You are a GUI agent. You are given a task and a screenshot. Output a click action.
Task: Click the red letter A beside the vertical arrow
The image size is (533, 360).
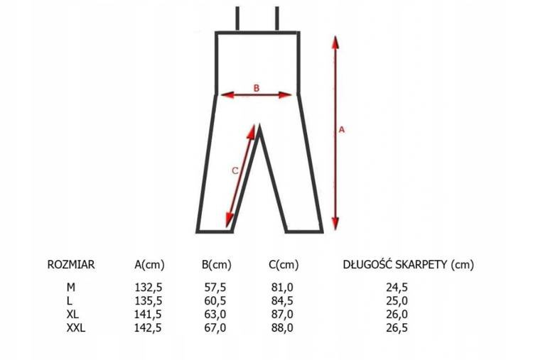[342, 130]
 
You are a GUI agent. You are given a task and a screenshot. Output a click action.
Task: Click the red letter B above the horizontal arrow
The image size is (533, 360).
[257, 88]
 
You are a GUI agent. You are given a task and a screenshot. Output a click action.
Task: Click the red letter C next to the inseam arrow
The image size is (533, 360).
[235, 171]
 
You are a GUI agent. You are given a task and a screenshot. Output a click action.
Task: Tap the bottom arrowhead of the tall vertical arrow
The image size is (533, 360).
[335, 223]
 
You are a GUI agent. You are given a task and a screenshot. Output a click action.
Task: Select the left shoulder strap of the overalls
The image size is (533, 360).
[237, 18]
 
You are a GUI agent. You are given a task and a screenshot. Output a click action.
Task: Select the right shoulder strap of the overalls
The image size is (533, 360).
[277, 18]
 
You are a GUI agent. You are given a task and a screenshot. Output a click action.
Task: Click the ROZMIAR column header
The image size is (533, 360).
[70, 265]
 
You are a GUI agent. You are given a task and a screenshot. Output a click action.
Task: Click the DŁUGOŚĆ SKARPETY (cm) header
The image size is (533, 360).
[408, 265]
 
